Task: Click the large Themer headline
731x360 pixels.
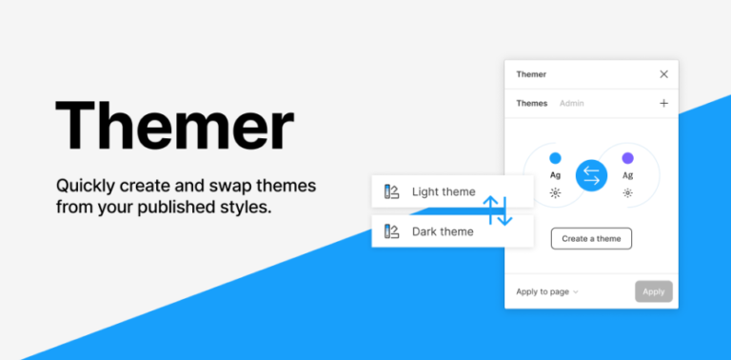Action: coord(174,125)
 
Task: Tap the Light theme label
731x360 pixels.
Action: coord(443,191)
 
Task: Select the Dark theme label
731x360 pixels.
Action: coord(443,231)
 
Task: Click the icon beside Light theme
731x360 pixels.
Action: coord(391,191)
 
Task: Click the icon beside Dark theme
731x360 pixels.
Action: coord(391,231)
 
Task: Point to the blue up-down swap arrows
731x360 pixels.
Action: coord(498,210)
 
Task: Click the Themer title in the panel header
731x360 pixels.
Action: coord(531,74)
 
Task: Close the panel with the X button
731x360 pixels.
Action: coord(663,74)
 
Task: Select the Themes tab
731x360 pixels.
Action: coord(532,103)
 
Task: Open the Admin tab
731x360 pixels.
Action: coord(572,103)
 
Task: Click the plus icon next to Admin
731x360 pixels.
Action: coord(663,103)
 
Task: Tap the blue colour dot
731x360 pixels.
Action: coord(555,158)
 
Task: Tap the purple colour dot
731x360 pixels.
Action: coord(628,158)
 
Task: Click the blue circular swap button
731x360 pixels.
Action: coord(591,175)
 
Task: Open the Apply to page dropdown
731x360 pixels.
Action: coord(547,291)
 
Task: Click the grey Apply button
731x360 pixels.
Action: coord(654,291)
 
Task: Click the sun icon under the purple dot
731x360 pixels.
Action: coord(628,192)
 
